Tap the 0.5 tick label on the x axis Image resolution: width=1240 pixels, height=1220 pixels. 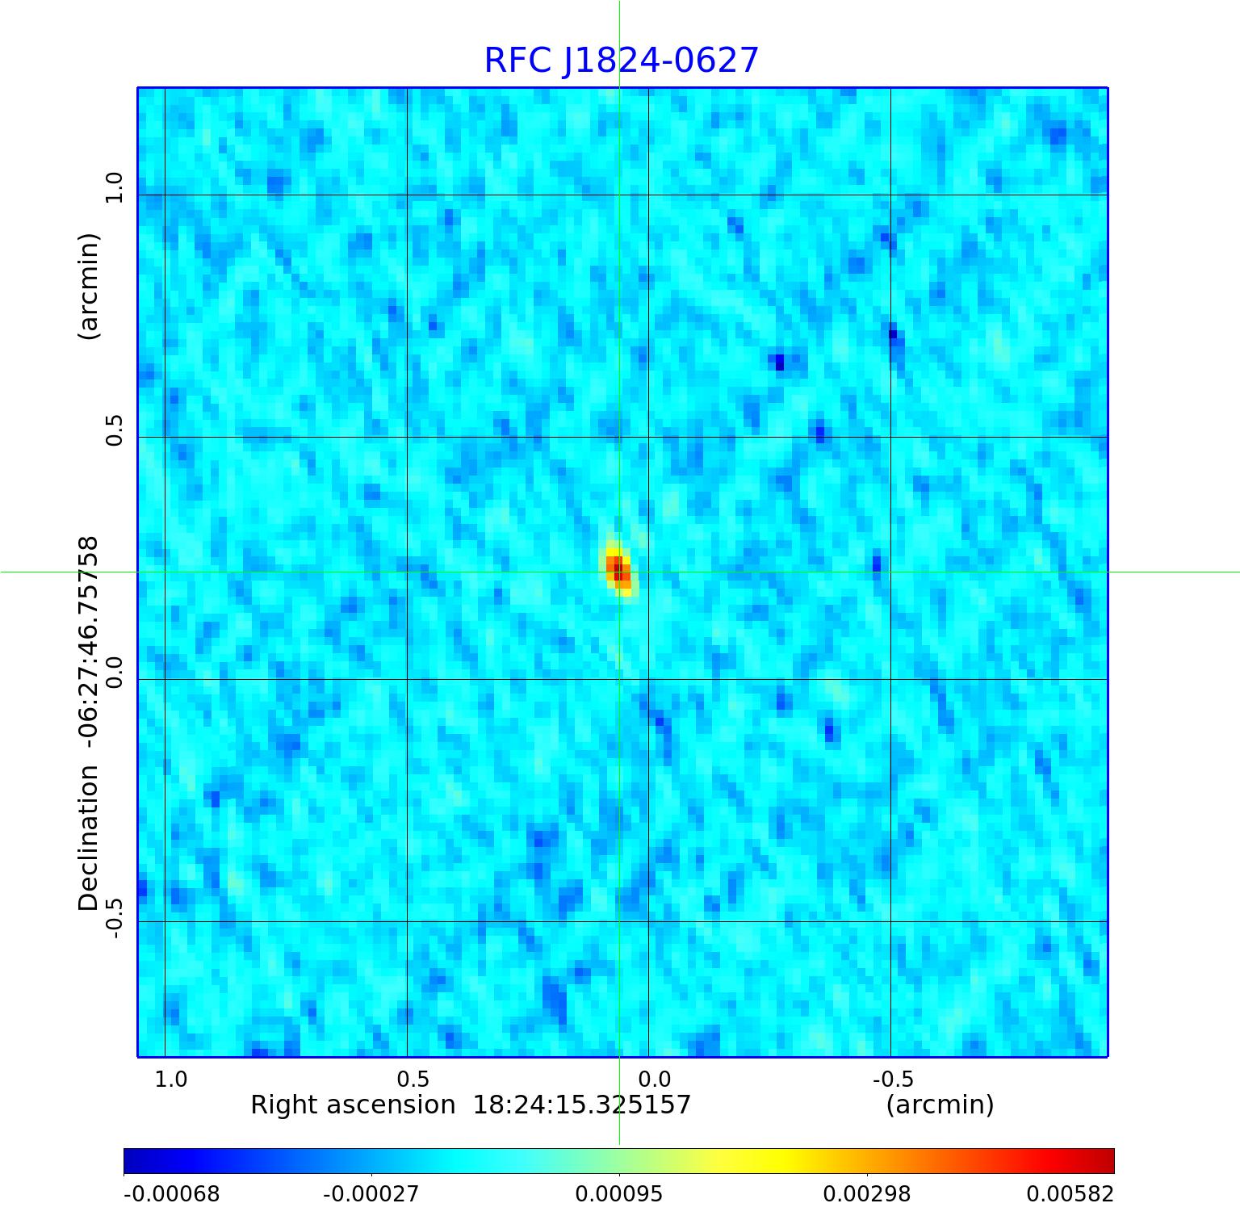pos(413,1080)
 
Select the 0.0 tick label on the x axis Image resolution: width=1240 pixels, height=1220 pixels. pos(654,1080)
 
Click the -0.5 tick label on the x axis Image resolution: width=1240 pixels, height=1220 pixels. pos(893,1080)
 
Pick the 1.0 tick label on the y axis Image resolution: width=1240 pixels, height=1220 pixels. pos(114,187)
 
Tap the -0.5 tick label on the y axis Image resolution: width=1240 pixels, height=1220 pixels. pos(114,919)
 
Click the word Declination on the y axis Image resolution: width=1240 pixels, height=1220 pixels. pos(88,838)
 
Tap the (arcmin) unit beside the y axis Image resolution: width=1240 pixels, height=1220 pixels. pos(88,286)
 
